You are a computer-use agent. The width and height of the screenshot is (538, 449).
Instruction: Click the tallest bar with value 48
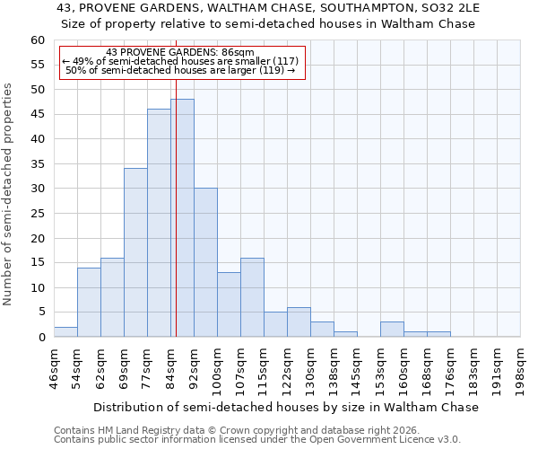point(182,218)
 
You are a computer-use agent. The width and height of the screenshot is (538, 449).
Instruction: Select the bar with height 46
point(159,223)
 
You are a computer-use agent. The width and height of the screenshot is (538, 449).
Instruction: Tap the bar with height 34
point(135,252)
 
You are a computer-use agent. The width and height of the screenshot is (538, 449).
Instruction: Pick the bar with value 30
point(205,262)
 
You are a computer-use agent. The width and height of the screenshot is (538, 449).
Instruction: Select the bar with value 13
point(229,304)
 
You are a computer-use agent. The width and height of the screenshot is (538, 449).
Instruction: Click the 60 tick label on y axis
point(38,40)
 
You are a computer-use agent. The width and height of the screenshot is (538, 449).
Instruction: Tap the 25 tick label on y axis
point(38,214)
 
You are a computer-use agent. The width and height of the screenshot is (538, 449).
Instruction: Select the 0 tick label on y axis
point(41,338)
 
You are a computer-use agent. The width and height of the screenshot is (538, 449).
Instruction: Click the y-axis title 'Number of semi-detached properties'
point(9,194)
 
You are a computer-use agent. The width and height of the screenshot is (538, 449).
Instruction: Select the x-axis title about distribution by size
point(286,407)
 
